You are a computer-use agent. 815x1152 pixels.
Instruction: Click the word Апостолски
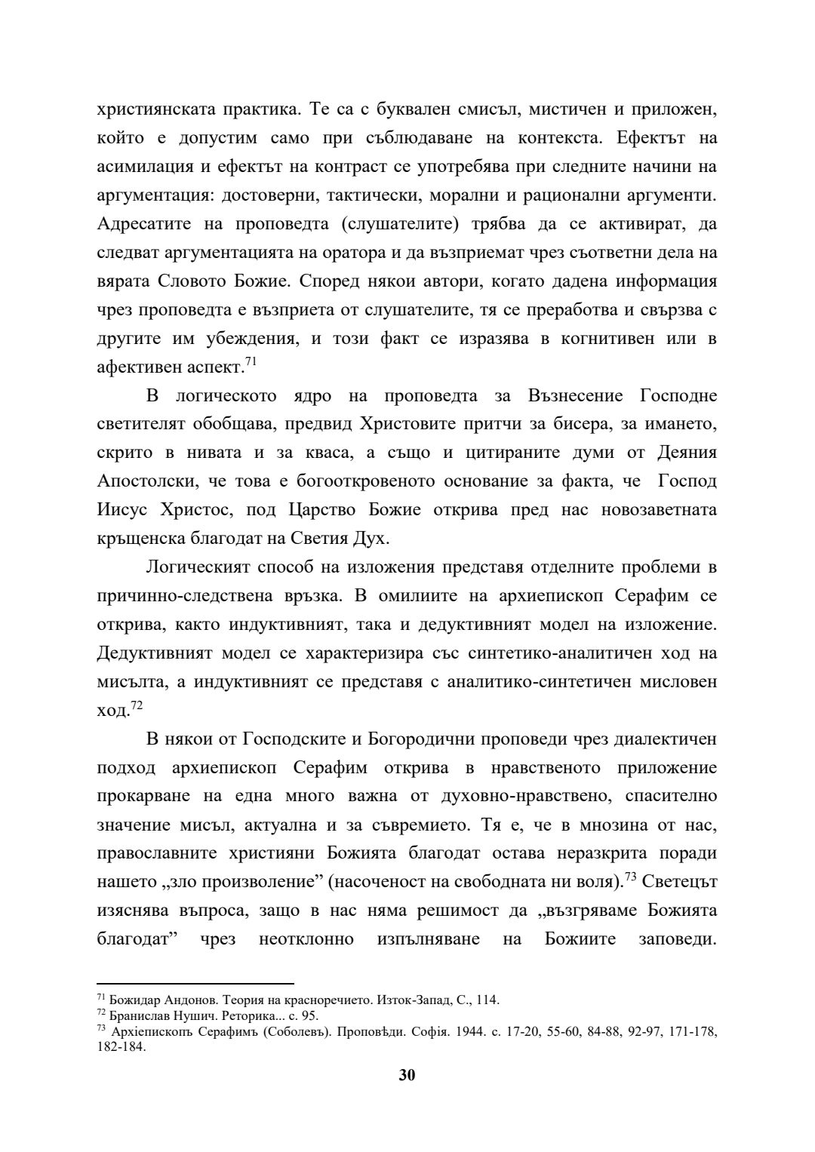[x=143, y=481]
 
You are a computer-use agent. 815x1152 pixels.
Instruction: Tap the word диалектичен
[x=656, y=739]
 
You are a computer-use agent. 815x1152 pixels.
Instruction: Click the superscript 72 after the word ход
[x=137, y=705]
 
